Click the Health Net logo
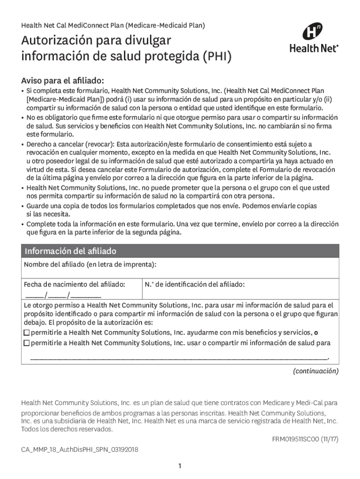point(314,38)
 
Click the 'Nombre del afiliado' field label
point(90,265)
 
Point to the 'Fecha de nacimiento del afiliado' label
point(74,284)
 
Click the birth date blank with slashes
point(63,295)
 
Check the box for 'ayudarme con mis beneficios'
point(27,333)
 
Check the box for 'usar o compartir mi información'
point(27,343)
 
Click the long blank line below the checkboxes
point(180,357)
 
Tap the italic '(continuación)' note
point(316,371)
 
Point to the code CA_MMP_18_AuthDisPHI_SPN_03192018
point(79,450)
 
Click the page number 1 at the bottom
point(180,466)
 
